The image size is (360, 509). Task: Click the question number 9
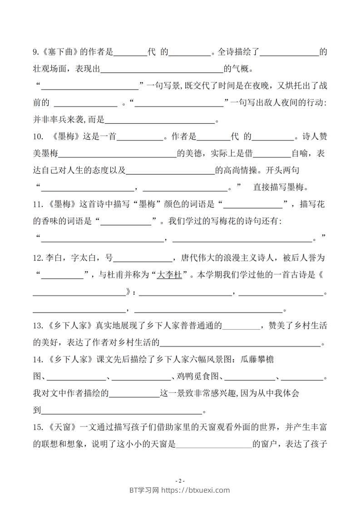[36, 52]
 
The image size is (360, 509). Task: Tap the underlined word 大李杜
[169, 275]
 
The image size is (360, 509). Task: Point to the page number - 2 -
[180, 480]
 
